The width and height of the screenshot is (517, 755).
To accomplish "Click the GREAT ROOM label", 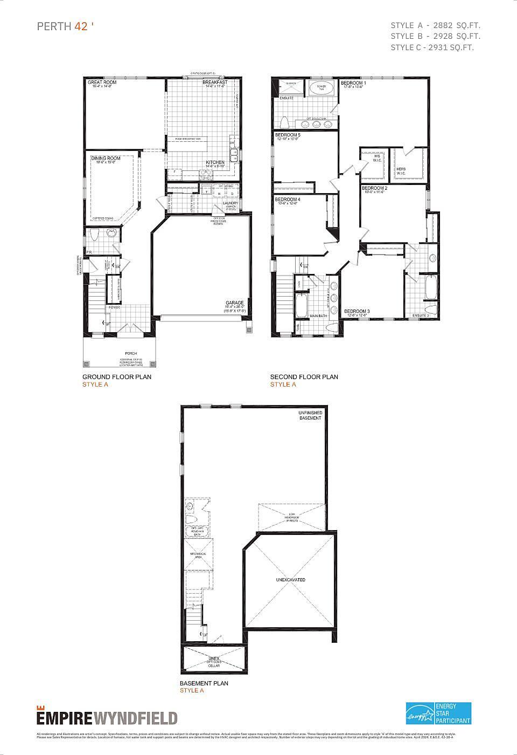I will (x=102, y=83).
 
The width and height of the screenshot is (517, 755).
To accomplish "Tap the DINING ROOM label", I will (x=106, y=159).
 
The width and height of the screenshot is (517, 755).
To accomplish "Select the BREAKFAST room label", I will (x=215, y=83).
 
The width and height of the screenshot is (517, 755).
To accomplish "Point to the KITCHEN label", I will (x=215, y=162).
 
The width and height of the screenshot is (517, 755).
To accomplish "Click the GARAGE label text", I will (x=235, y=303).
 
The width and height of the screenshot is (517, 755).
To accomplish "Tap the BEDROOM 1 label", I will (x=353, y=83).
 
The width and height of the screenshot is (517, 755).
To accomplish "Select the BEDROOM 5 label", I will (x=288, y=135).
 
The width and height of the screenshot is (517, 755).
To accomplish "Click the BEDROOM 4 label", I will (x=288, y=200).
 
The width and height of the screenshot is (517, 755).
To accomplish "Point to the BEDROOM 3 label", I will (x=357, y=311).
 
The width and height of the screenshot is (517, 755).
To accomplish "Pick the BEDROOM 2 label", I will (x=375, y=188).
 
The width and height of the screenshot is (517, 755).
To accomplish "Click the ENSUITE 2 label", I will (x=421, y=315).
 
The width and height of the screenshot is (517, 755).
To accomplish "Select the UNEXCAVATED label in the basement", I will (x=291, y=580).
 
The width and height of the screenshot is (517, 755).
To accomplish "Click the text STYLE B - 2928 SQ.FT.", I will (x=435, y=36).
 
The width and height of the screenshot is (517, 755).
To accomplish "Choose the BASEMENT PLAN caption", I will (x=204, y=683).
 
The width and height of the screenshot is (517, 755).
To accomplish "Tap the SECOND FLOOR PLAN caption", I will (x=304, y=377).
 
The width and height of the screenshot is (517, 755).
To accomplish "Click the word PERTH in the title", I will (x=54, y=26).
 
